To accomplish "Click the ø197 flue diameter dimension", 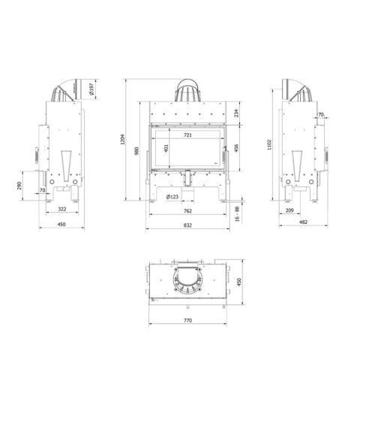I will coord(91,90).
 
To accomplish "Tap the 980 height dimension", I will coord(138,150).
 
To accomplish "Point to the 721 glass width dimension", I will coord(187,135).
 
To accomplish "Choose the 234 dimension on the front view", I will coord(236,113).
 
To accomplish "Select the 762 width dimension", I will coord(187,212).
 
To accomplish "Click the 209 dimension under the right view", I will coord(310,212).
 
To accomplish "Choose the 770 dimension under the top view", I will coord(187,321).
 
